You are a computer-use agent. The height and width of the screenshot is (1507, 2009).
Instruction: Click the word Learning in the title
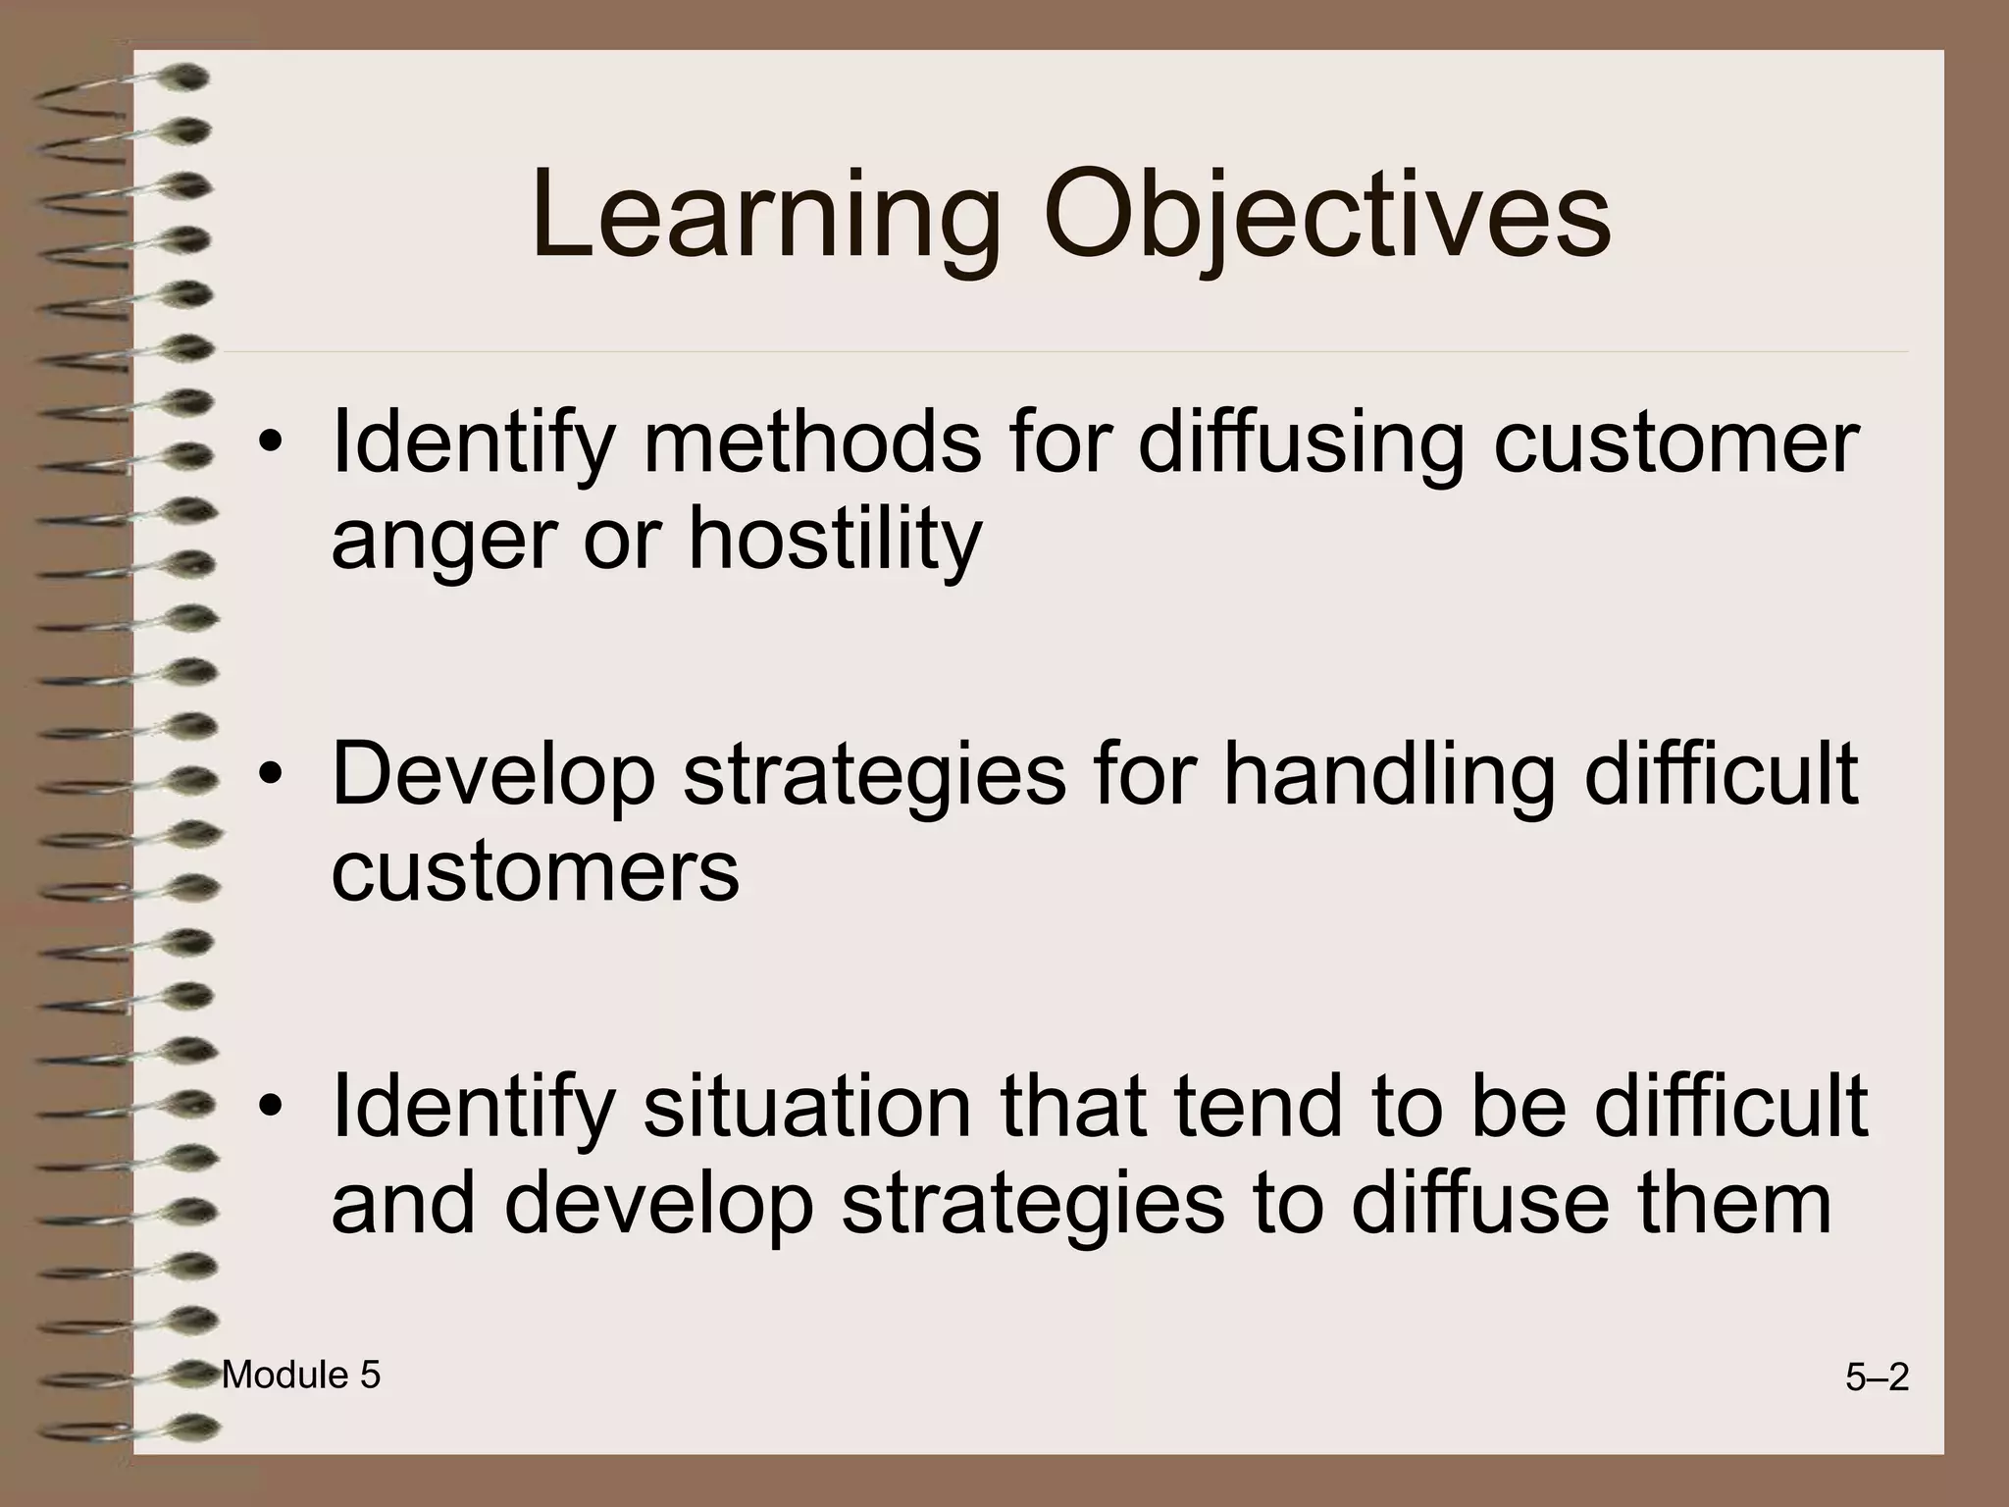(765, 218)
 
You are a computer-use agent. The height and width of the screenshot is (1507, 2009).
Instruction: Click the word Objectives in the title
(1326, 218)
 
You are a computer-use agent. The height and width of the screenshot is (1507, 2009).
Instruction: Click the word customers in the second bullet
(535, 873)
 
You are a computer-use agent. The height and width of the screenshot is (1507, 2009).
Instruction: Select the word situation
(806, 1107)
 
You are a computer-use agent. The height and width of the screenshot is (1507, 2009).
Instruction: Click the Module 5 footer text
(300, 1376)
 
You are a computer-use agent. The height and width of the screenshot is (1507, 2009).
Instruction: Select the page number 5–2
(1877, 1378)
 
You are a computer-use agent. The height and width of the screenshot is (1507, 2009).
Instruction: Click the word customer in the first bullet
(1675, 443)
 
